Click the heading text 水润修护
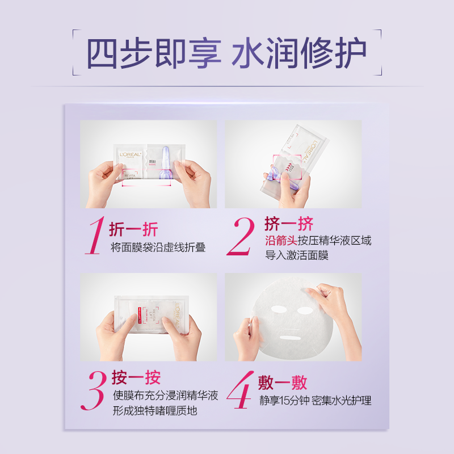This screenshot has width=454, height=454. [300, 54]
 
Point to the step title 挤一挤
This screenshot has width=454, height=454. [289, 223]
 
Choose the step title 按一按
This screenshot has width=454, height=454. [136, 377]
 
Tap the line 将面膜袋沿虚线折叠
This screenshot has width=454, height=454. [158, 247]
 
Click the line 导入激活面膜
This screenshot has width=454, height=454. [297, 256]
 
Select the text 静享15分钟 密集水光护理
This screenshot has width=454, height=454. [316, 401]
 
